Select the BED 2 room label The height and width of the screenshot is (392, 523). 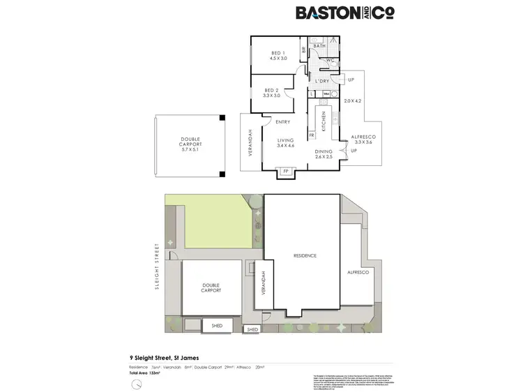[x=271, y=91]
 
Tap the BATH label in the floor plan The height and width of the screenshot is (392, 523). [x=320, y=46]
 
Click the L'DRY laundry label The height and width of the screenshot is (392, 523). [x=321, y=81]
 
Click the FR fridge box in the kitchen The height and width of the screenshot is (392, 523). [x=312, y=135]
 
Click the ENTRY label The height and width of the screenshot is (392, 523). [x=282, y=123]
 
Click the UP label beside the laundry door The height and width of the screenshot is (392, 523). [x=351, y=80]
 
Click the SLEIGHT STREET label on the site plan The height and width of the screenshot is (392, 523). [x=158, y=266]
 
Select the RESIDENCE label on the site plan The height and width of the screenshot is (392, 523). [x=304, y=256]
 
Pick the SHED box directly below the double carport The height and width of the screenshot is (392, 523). [x=212, y=325]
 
